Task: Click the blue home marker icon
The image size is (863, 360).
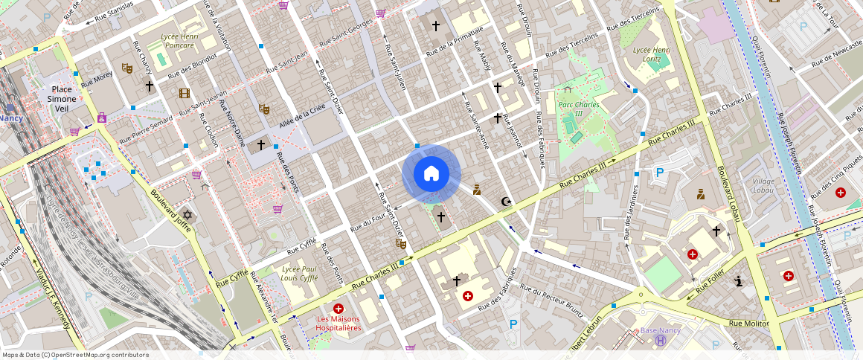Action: [x=431, y=174]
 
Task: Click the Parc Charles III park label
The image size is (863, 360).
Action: [x=578, y=109]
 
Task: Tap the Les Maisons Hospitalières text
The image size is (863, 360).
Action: [x=339, y=323]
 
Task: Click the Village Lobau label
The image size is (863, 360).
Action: [x=763, y=186]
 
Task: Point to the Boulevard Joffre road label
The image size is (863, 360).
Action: [x=172, y=210]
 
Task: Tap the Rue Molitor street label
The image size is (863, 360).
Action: [x=748, y=323]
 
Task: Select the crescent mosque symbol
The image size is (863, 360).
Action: [x=507, y=201]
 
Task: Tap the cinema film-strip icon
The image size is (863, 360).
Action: [x=184, y=94]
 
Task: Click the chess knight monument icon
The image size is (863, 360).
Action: [x=738, y=281]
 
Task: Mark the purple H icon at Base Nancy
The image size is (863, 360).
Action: [x=659, y=341]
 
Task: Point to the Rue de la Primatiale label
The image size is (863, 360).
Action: [x=455, y=41]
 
